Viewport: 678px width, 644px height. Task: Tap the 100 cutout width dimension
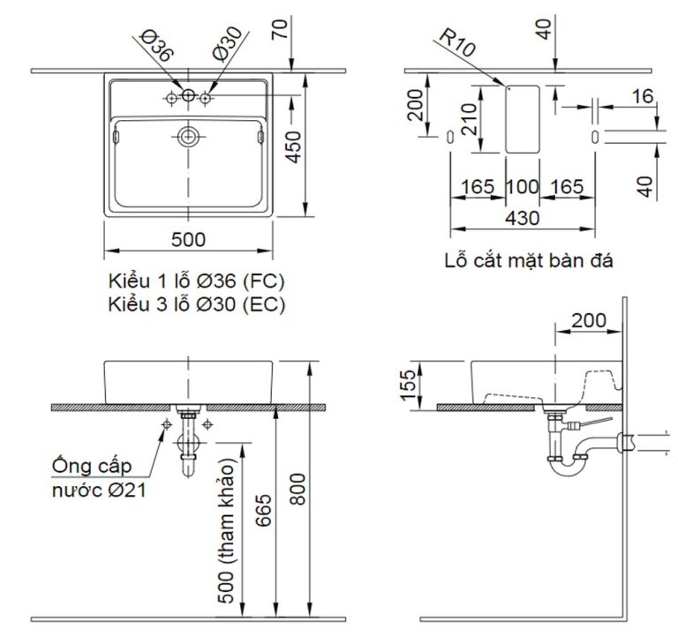[522, 186]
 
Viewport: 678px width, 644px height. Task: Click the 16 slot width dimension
[643, 95]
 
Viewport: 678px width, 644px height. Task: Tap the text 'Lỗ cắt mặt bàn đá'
[529, 261]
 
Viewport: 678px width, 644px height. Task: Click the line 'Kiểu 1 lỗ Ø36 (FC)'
[195, 281]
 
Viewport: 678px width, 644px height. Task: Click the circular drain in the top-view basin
[188, 137]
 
